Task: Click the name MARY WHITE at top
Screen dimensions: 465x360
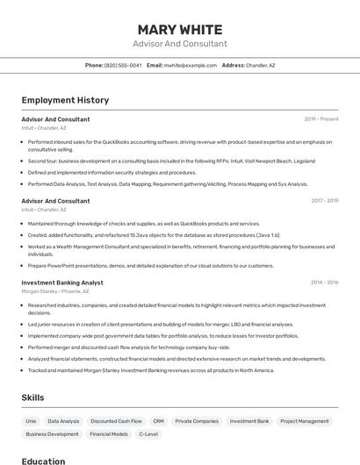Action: coord(179,30)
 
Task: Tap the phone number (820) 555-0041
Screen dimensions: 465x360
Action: coord(123,65)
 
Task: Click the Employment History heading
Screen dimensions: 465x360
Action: coord(65,100)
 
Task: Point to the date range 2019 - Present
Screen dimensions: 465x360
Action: coord(320,119)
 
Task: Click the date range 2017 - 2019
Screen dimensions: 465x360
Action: coord(324,201)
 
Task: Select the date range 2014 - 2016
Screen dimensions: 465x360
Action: coord(324,283)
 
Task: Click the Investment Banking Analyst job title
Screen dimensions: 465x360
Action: coord(62,283)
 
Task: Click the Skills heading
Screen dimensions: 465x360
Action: coord(32,397)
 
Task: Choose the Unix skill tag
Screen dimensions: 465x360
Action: coord(31,421)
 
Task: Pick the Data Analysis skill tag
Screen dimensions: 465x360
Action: coord(63,421)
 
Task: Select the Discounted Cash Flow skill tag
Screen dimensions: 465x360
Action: coord(116,421)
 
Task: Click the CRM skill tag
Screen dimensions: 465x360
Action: coord(158,421)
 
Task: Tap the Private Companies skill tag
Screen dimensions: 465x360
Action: coord(197,421)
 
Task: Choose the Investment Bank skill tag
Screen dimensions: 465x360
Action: coord(249,421)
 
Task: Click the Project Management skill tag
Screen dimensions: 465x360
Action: coord(305,421)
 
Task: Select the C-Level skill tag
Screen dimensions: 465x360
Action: coord(148,434)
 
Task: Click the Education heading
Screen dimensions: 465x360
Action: coord(43,461)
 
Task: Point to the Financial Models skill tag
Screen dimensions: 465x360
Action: coord(109,434)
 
